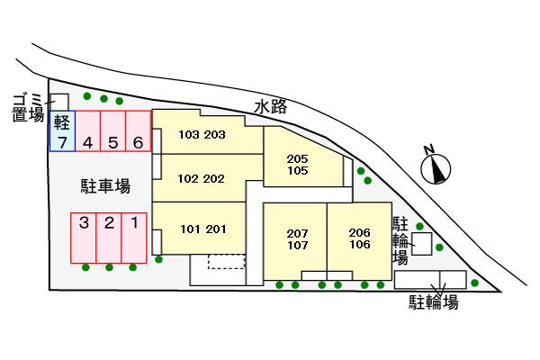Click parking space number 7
point(62,130)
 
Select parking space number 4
point(88,130)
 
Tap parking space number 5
point(113,130)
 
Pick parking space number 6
point(138,130)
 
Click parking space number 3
point(84,238)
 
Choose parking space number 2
point(109,238)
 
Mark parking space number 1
point(134,238)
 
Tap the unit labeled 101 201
point(203,229)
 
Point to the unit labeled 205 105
point(303,165)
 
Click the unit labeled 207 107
point(295,239)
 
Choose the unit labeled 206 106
point(359,238)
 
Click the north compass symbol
point(436,167)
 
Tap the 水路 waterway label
point(271,107)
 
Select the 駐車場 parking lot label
point(105,186)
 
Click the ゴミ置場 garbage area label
point(28,108)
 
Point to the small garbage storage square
point(59,103)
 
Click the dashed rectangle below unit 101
point(227,262)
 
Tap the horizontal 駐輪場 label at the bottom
point(434,302)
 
